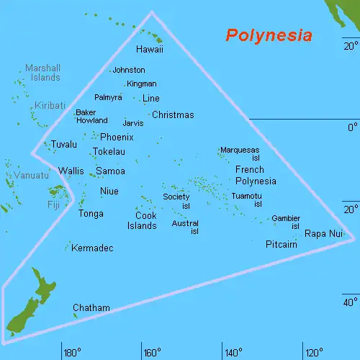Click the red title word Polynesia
269,35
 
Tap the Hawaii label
150,50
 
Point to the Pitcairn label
282,244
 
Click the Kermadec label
93,248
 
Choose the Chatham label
91,308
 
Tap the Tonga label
91,213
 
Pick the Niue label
109,191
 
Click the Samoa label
110,171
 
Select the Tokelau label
109,152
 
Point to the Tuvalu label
63,145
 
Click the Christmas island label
173,114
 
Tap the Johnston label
129,70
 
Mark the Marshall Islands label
42,72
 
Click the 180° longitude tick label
72,353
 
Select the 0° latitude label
352,127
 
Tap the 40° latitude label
350,302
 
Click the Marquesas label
240,150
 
